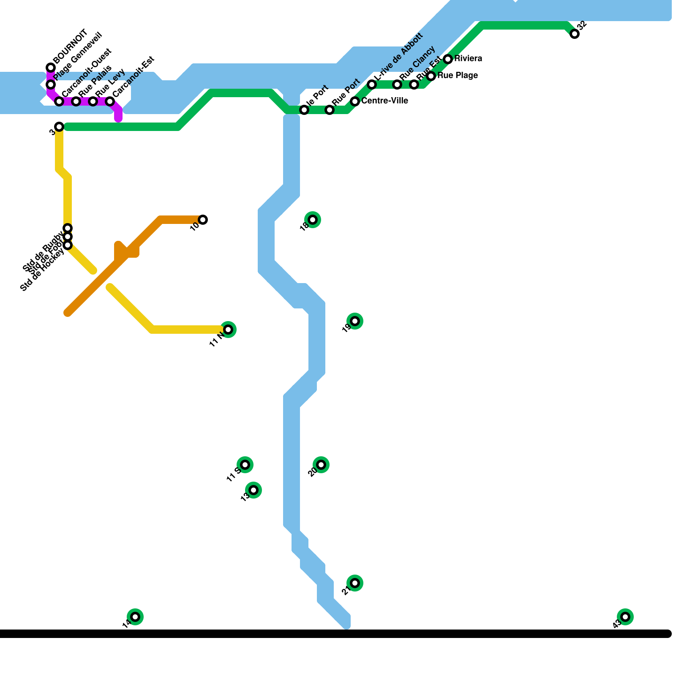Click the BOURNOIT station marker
click(x=51, y=68)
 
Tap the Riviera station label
click(x=468, y=59)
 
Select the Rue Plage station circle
click(x=431, y=76)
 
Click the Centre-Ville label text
click(x=384, y=101)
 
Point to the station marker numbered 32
click(x=575, y=34)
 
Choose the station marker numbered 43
click(x=625, y=617)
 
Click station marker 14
click(x=135, y=617)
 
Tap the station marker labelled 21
click(x=355, y=583)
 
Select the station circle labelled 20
click(x=321, y=465)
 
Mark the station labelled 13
click(x=253, y=490)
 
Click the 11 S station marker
click(x=245, y=465)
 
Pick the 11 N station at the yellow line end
click(x=228, y=330)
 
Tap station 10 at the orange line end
click(x=203, y=220)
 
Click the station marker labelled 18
click(x=313, y=220)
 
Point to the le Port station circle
click(x=304, y=110)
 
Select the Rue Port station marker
click(x=330, y=110)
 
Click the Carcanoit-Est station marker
click(x=110, y=101)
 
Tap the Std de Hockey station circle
click(x=68, y=245)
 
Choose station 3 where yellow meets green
click(x=59, y=127)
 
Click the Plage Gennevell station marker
click(x=51, y=84)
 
